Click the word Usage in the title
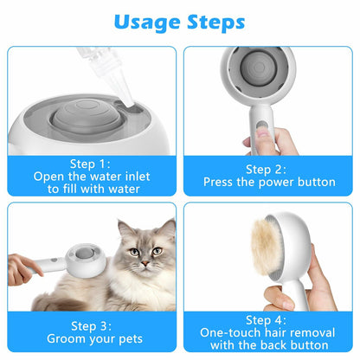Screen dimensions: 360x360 click(141, 22)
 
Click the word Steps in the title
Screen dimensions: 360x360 click(214, 22)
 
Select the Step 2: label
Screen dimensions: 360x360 click(268, 169)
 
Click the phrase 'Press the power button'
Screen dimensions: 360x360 click(268, 182)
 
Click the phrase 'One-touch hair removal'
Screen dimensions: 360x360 click(268, 331)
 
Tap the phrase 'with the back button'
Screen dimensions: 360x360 click(268, 344)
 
